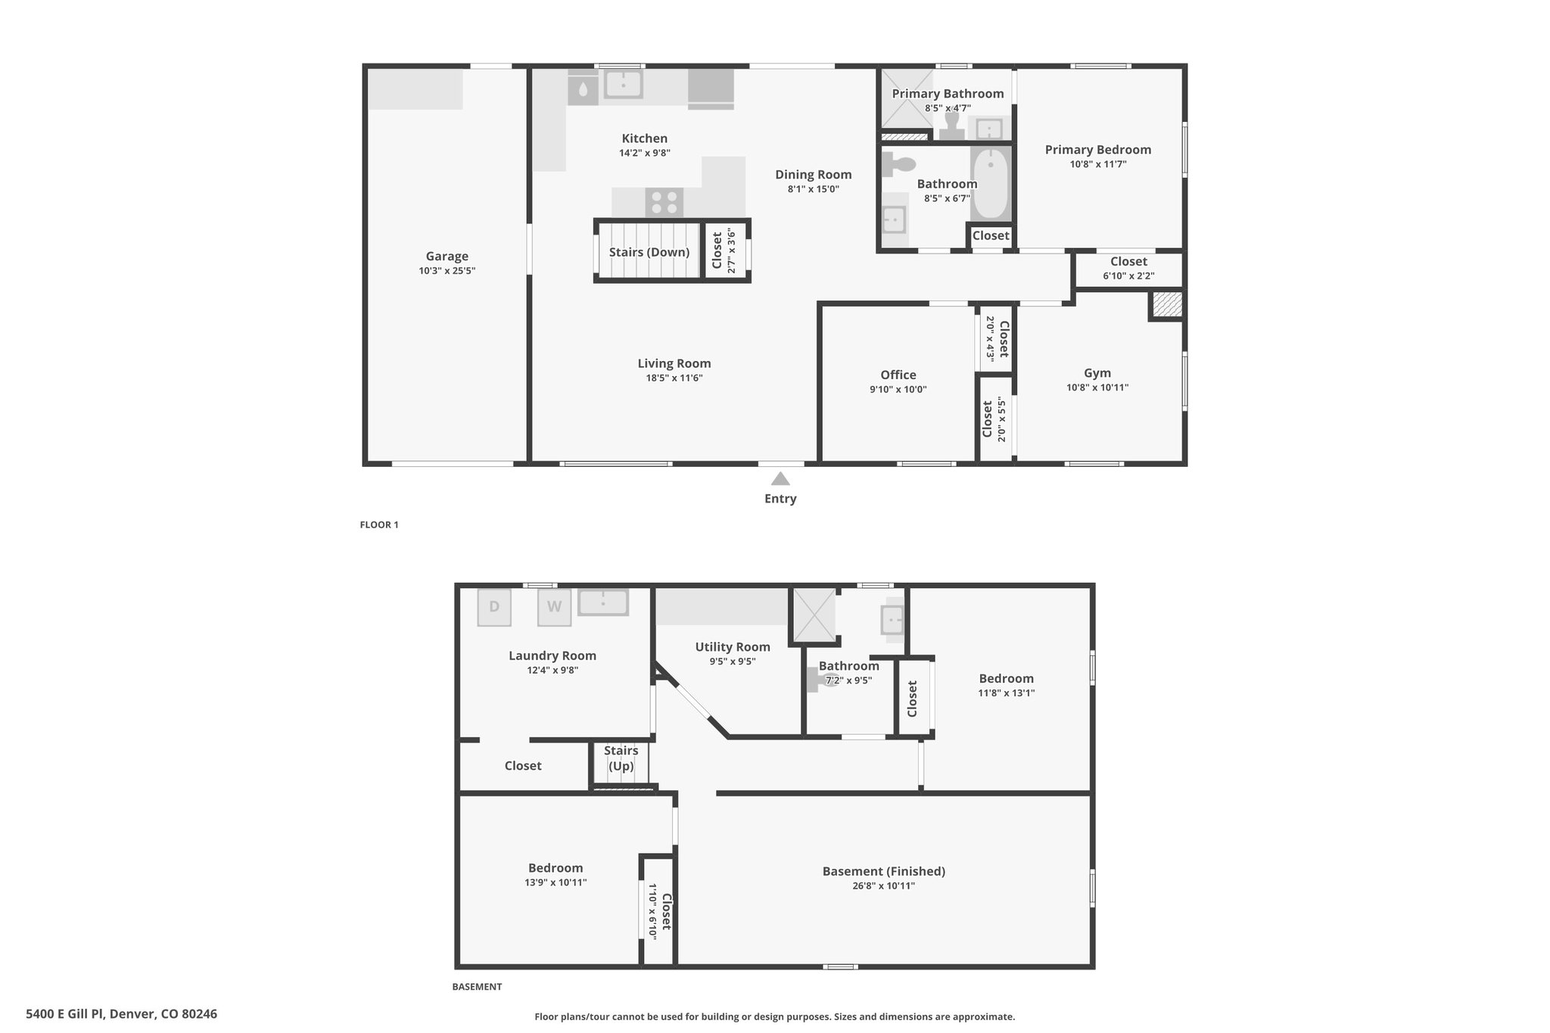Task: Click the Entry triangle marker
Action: [x=780, y=479]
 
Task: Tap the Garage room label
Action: [x=447, y=257]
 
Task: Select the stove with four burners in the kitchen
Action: [x=665, y=203]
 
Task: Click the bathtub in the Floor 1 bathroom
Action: [x=990, y=183]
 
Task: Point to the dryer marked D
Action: [x=494, y=607]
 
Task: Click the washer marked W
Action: [x=555, y=607]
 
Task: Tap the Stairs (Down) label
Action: [x=649, y=252]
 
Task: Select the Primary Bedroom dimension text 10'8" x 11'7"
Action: [x=1098, y=164]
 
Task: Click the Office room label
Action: [x=898, y=375]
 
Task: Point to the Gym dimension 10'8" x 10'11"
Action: [x=1097, y=387]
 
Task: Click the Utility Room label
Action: [x=733, y=647]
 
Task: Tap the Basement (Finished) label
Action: [x=884, y=871]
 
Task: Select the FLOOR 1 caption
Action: [x=379, y=524]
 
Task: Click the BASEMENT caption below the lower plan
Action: [x=477, y=987]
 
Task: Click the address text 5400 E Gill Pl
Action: [x=67, y=1014]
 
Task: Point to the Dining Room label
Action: [x=814, y=175]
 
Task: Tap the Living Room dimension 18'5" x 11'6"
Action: [x=674, y=378]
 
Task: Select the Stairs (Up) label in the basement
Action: [x=621, y=758]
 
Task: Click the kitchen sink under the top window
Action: [x=623, y=84]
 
